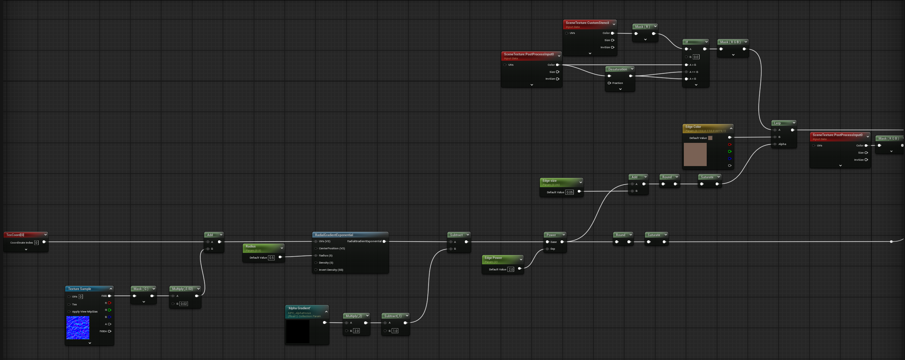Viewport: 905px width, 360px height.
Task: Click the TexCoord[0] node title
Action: click(15, 235)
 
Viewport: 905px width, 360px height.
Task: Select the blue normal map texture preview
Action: click(78, 327)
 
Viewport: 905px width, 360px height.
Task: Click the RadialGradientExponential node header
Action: click(334, 235)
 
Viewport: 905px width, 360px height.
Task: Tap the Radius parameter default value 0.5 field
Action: click(272, 257)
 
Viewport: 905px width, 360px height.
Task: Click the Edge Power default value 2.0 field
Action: click(511, 269)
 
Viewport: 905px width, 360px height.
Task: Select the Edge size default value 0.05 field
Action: click(570, 192)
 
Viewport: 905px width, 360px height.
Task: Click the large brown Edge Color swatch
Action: click(695, 154)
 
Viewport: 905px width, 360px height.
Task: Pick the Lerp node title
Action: click(777, 123)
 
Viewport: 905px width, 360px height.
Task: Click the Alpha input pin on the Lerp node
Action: click(775, 144)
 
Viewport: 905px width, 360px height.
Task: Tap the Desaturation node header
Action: click(617, 69)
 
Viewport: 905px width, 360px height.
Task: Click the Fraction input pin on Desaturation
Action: click(609, 83)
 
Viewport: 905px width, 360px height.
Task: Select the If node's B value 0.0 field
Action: click(696, 57)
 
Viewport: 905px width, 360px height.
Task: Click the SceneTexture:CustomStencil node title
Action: click(587, 23)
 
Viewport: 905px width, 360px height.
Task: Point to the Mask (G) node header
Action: click(141, 289)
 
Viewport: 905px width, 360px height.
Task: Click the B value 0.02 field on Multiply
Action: click(184, 304)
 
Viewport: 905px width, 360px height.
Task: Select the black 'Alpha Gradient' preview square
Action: click(298, 331)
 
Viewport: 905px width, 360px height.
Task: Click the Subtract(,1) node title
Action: click(393, 316)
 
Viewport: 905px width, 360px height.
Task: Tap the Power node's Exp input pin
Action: click(547, 249)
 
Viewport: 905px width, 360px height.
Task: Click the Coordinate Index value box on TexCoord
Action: click(36, 242)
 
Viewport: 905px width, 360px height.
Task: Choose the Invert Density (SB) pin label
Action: click(331, 270)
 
